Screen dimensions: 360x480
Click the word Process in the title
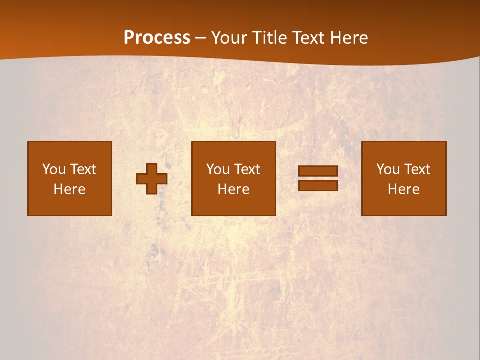click(157, 38)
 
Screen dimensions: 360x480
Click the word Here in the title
click(350, 38)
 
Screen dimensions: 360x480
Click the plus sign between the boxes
click(152, 178)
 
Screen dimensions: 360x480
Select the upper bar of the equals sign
click(318, 171)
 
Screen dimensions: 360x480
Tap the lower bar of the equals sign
click(318, 185)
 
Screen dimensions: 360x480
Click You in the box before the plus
click(54, 169)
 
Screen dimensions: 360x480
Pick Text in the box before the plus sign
click(82, 169)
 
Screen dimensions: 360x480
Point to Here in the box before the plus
click(69, 189)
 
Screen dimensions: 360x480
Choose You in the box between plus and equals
click(218, 169)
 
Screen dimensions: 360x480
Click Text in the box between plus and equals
click(246, 169)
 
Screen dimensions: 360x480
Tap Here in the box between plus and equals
click(233, 189)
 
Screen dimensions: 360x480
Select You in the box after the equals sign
click(388, 169)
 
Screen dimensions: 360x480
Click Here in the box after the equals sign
click(403, 189)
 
